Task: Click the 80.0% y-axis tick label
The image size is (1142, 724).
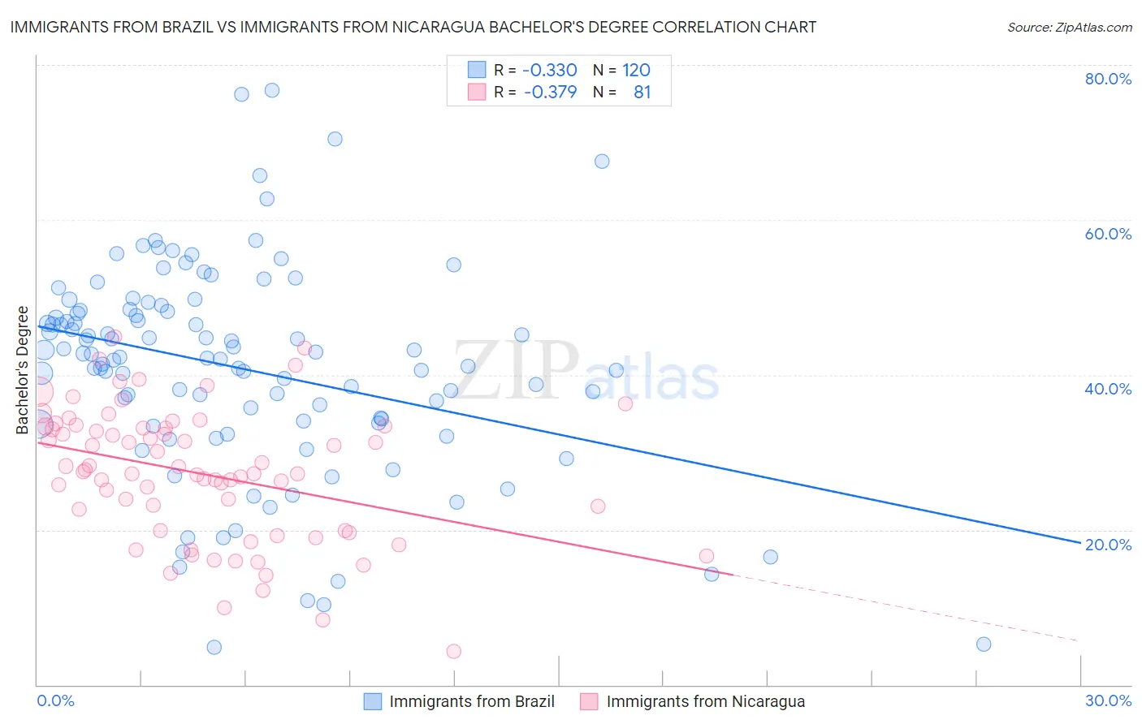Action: click(x=1108, y=79)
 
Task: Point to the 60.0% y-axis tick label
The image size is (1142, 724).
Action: click(x=1108, y=234)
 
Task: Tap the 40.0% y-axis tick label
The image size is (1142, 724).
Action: click(x=1108, y=389)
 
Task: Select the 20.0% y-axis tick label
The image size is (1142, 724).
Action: click(x=1108, y=544)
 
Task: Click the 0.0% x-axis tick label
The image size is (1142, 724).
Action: click(x=55, y=700)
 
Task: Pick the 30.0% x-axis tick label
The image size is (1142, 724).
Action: click(x=1108, y=700)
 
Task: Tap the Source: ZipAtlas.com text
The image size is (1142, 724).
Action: click(x=1069, y=27)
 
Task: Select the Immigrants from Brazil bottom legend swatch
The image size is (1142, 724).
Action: click(x=373, y=701)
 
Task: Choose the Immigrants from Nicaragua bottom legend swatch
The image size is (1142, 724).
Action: click(x=590, y=701)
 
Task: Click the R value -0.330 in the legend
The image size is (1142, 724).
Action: click(x=550, y=70)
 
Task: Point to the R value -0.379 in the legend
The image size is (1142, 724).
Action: click(x=550, y=92)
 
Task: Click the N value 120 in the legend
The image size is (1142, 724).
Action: click(x=637, y=70)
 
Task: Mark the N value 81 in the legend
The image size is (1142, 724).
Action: click(x=642, y=92)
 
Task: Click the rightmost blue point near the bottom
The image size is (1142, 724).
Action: click(x=984, y=644)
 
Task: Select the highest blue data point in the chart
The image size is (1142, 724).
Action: click(x=272, y=90)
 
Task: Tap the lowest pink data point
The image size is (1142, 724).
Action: click(x=454, y=651)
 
